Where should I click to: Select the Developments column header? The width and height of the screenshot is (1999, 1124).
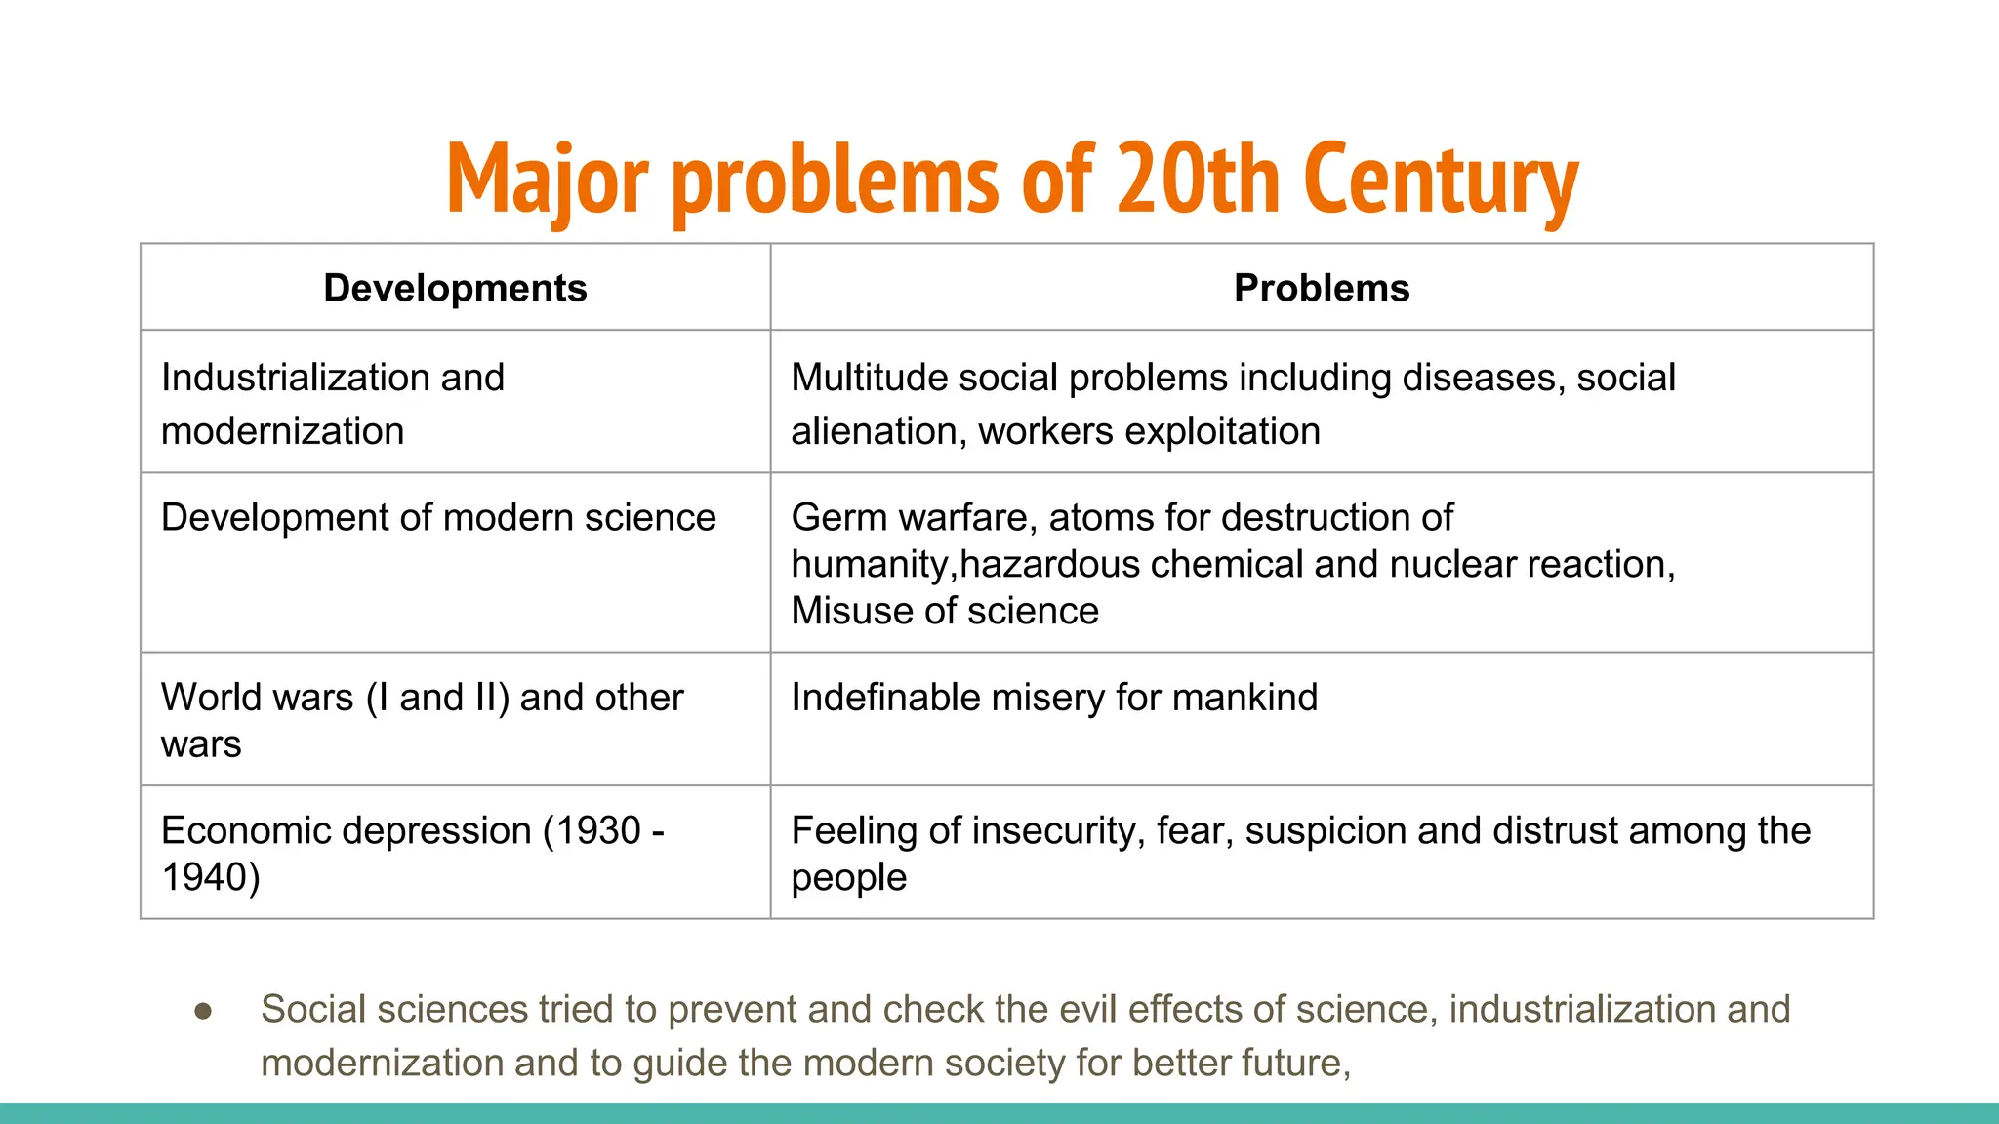455,289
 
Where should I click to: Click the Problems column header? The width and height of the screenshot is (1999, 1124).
1322,289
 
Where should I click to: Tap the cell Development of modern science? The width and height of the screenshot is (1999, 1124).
438,518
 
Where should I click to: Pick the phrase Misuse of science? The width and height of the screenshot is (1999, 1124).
945,612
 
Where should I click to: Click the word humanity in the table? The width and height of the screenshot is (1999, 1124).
868,565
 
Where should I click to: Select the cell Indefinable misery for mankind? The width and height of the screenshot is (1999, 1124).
1054,698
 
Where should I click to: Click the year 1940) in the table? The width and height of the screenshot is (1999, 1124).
211,877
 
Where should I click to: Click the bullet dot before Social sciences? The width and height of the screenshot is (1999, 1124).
203,1011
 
